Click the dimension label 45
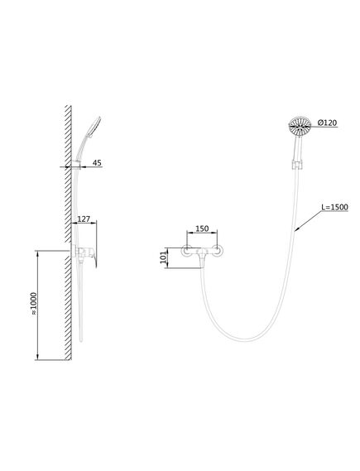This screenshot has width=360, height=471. [97, 163]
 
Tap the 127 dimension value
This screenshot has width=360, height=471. [84, 219]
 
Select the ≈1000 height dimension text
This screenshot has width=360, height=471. [33, 303]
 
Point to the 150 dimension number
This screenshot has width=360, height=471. [202, 228]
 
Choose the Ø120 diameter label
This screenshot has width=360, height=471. [327, 123]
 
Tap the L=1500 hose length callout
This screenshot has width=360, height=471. [335, 207]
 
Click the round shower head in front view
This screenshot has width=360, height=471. [300, 126]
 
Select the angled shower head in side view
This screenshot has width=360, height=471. [94, 127]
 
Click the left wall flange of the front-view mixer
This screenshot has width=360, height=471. [187, 251]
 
